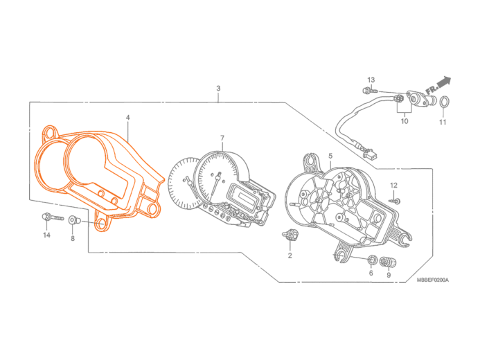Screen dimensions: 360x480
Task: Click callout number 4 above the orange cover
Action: point(127,118)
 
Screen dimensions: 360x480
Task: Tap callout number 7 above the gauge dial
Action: point(222,138)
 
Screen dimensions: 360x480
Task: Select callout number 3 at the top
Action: point(218,89)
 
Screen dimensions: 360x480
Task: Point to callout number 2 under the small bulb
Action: point(290,255)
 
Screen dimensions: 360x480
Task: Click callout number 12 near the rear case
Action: point(393,185)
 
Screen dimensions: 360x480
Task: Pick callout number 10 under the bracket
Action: point(404,120)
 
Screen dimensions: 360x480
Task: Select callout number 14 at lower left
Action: point(47,235)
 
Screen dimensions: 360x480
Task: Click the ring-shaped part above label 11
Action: point(444,102)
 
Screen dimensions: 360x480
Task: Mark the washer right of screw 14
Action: point(73,220)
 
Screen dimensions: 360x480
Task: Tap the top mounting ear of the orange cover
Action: point(51,132)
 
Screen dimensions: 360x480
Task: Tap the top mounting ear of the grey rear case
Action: point(313,161)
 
